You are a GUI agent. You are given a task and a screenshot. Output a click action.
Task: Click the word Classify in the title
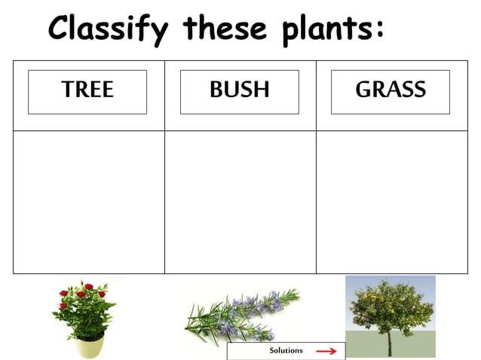click(x=108, y=29)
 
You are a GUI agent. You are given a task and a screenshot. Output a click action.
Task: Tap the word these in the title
click(x=225, y=29)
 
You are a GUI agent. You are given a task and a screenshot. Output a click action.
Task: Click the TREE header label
click(x=87, y=91)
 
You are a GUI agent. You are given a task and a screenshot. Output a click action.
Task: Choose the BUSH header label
click(x=239, y=91)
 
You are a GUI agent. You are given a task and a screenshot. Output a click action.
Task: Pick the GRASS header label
click(x=390, y=91)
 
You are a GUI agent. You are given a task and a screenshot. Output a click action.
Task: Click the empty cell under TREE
click(x=89, y=202)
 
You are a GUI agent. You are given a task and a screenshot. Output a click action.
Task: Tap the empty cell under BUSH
click(x=240, y=202)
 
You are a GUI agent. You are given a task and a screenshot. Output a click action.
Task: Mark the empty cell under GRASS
click(x=391, y=202)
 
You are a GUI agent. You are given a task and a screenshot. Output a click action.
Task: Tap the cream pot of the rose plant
click(x=89, y=346)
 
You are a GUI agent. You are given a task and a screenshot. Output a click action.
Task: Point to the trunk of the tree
click(x=390, y=343)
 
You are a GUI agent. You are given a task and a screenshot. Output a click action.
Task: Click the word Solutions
click(x=286, y=350)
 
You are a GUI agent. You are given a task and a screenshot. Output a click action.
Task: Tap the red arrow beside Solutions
click(x=326, y=351)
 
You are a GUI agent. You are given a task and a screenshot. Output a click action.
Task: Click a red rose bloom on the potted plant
click(x=88, y=287)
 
